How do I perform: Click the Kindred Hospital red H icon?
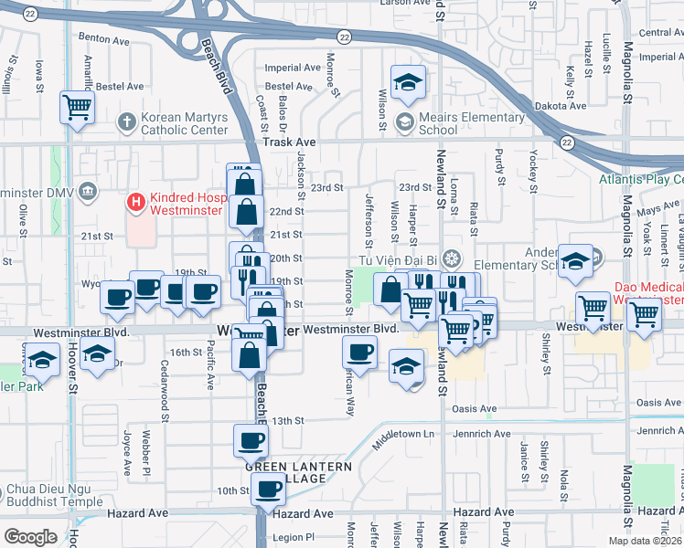[x=136, y=199]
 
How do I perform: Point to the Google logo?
[x=30, y=537]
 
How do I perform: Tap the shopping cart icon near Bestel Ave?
[x=78, y=107]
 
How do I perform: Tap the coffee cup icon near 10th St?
[x=268, y=489]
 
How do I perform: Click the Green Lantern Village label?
[x=298, y=472]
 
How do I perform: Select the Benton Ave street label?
[x=104, y=39]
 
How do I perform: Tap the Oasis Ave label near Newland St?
[x=475, y=408]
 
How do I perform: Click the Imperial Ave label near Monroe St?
[x=293, y=68]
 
